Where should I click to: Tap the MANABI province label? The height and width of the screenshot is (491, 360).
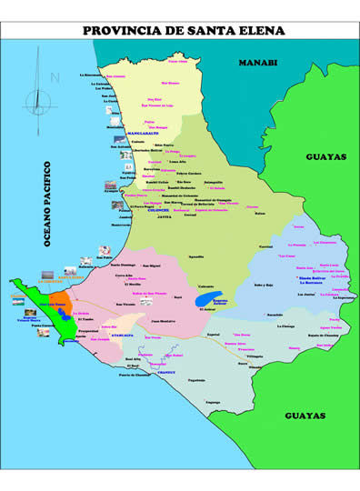(257, 63)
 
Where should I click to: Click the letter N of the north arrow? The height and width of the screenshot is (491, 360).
(54, 78)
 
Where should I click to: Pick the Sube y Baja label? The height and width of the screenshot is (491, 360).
(265, 285)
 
